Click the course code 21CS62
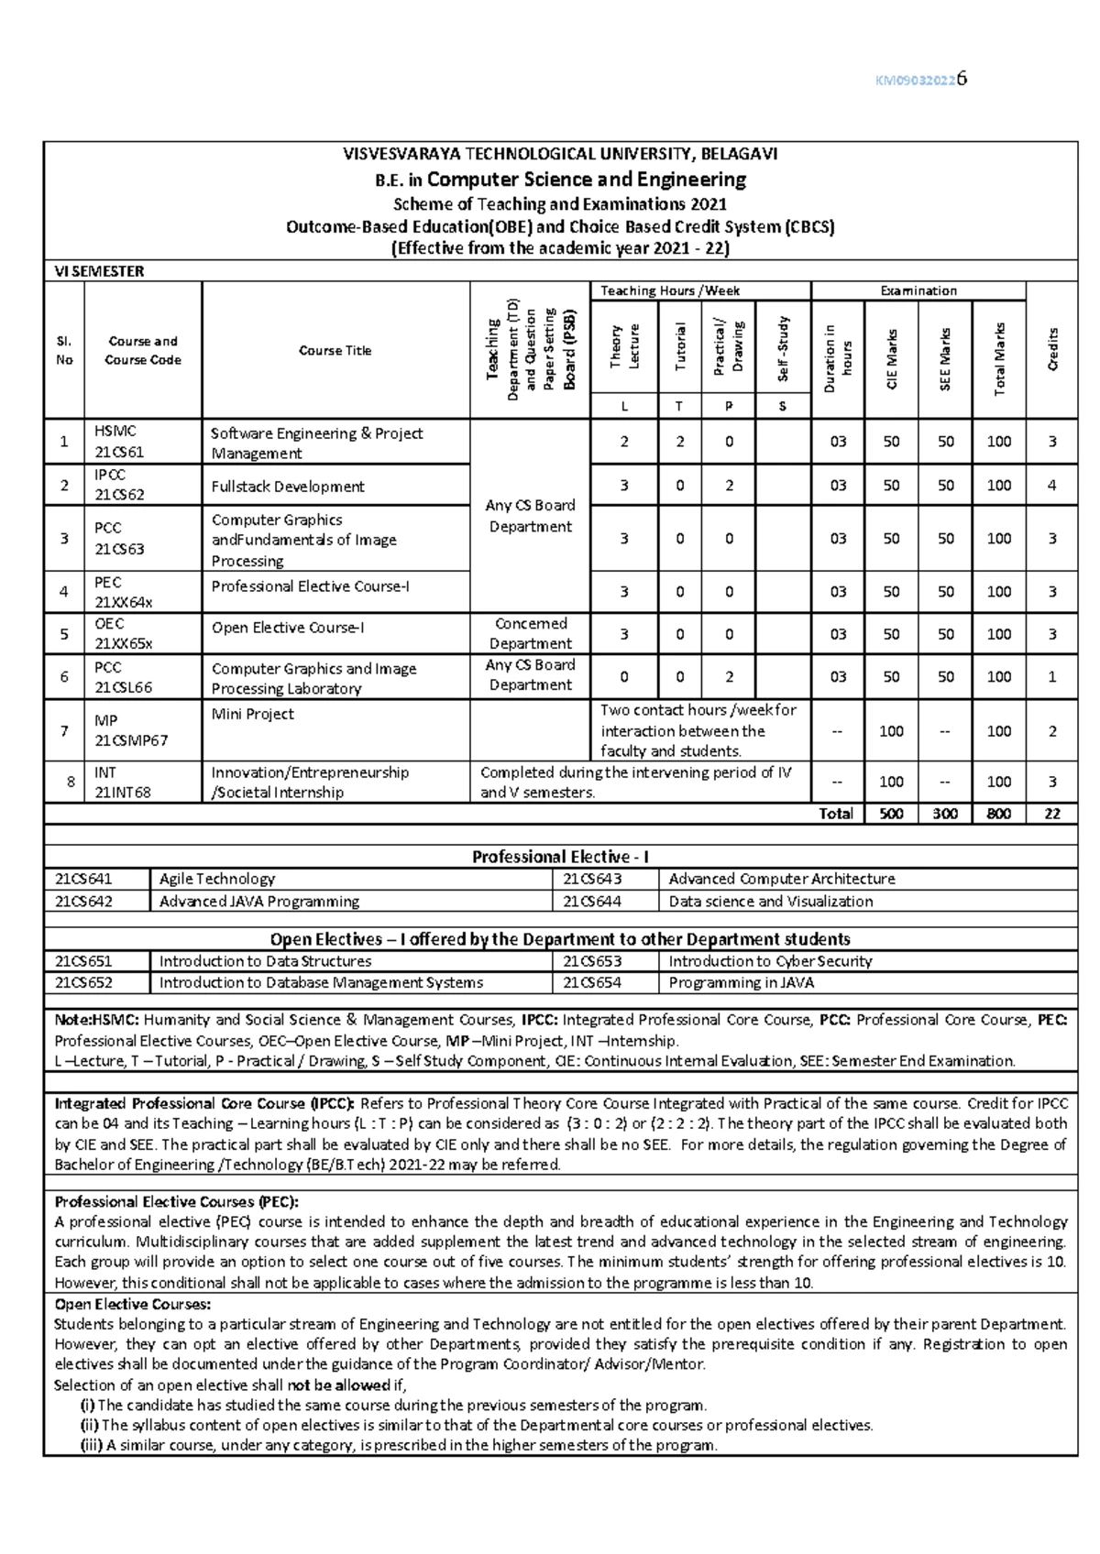coord(119,495)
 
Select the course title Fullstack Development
coord(287,487)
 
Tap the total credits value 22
coord(1051,814)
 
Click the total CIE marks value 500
coord(891,814)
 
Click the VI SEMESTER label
coord(99,271)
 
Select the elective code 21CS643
coord(592,879)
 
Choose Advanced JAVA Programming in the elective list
coord(259,902)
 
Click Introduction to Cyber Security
coord(770,961)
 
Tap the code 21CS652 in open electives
coord(83,982)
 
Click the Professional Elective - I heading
coord(560,857)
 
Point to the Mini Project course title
coord(252,714)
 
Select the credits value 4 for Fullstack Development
coord(1051,486)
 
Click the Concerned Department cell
coord(530,633)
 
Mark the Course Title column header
coord(335,351)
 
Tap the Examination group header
coord(918,290)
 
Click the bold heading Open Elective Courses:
coord(133,1304)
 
